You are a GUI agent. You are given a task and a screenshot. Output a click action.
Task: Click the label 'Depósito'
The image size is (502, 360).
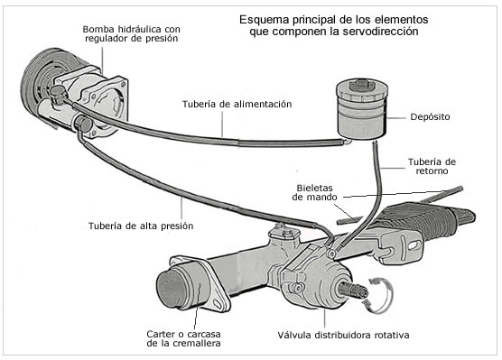click(430, 117)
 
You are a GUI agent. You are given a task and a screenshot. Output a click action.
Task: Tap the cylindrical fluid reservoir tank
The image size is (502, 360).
click(362, 108)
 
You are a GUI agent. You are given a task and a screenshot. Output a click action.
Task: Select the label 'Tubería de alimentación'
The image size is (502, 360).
click(237, 105)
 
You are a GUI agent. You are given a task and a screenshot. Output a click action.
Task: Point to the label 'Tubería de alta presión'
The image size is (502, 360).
click(141, 226)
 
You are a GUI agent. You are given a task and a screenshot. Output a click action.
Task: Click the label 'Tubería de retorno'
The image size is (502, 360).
click(432, 166)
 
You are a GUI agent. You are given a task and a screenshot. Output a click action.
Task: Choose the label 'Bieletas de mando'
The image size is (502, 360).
click(314, 192)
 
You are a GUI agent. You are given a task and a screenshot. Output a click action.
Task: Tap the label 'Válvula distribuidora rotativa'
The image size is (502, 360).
click(343, 335)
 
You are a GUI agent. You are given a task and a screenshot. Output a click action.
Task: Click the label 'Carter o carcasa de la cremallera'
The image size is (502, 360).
click(184, 338)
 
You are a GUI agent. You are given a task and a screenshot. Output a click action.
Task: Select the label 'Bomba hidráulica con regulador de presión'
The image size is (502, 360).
click(131, 33)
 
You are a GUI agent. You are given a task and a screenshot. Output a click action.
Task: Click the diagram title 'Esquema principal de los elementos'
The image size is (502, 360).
click(333, 20)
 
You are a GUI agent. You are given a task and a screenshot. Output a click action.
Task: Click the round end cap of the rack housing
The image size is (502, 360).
click(172, 289)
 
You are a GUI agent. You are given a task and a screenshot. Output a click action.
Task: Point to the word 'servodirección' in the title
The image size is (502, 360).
click(380, 32)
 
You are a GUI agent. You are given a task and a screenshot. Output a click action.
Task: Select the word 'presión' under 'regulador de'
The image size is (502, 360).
click(162, 39)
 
